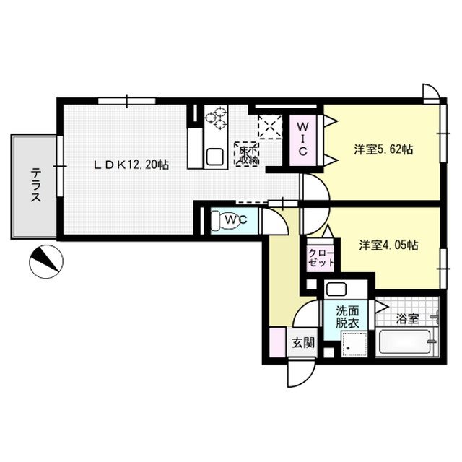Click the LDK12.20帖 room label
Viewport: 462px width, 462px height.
[131, 165]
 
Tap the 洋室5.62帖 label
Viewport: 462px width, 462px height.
[383, 150]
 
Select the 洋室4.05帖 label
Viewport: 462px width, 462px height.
[388, 245]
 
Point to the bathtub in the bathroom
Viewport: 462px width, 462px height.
[406, 344]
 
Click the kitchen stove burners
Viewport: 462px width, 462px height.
[216, 117]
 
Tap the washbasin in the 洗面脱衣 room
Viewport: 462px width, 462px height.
[336, 290]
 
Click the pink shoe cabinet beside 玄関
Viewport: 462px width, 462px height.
[276, 342]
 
